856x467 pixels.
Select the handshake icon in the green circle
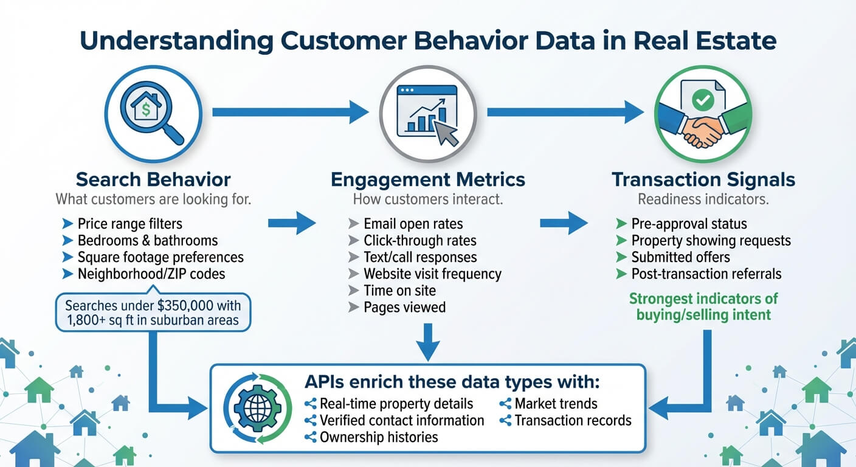pyautogui.click(x=703, y=113)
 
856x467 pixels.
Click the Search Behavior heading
pyautogui.click(x=153, y=179)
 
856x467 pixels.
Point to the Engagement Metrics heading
pyautogui.click(x=428, y=179)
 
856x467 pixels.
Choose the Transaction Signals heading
pyautogui.click(x=703, y=179)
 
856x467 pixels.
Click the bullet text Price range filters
pyautogui.click(x=129, y=224)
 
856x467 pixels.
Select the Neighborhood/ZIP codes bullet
pyautogui.click(x=151, y=274)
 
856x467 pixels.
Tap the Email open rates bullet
pyautogui.click(x=413, y=224)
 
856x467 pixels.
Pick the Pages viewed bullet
pyautogui.click(x=404, y=307)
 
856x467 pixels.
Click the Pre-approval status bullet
pyautogui.click(x=689, y=224)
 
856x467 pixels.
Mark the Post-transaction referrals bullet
pyautogui.click(x=706, y=274)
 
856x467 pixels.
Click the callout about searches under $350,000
pyautogui.click(x=153, y=313)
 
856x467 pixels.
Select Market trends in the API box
pyautogui.click(x=556, y=403)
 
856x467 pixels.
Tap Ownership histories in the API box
pyautogui.click(x=378, y=437)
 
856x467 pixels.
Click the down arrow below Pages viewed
pyautogui.click(x=428, y=342)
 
